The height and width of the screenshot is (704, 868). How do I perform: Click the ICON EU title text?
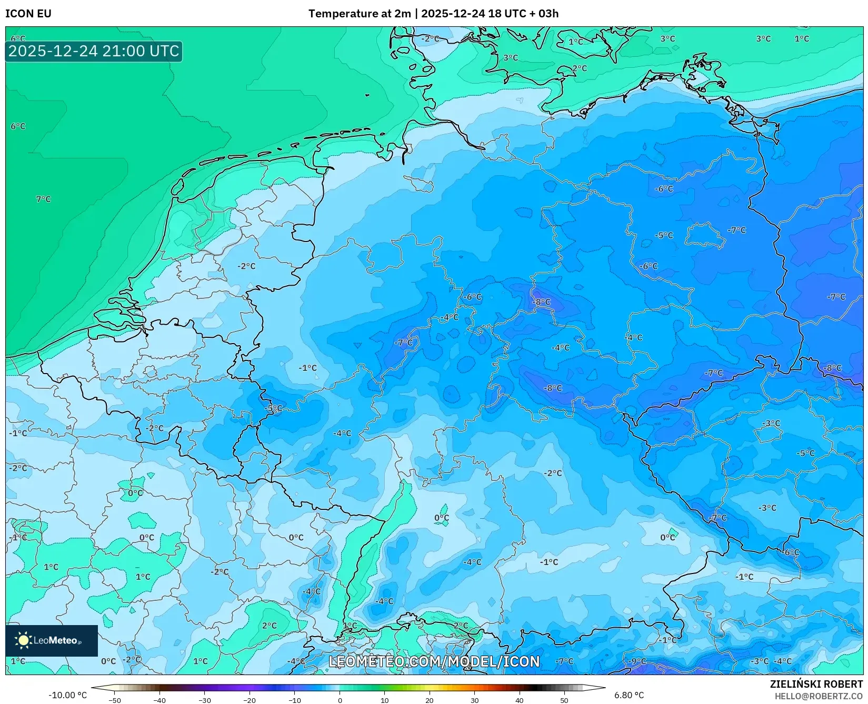click(28, 14)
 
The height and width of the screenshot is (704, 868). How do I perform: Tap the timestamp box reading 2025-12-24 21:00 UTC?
click(94, 52)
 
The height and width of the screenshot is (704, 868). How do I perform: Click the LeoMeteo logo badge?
click(52, 640)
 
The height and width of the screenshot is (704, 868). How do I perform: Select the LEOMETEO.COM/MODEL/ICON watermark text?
click(434, 661)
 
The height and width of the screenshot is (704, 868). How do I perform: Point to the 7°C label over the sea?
click(43, 199)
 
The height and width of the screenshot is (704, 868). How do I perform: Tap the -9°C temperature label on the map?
click(637, 661)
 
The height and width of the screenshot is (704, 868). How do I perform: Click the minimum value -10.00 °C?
click(67, 695)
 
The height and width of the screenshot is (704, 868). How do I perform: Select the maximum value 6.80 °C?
click(628, 695)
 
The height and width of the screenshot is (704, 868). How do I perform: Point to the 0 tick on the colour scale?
click(340, 700)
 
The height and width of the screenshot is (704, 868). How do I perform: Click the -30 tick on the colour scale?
click(205, 700)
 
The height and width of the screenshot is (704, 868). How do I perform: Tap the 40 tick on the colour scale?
click(519, 700)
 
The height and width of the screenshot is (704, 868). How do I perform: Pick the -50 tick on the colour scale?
click(115, 700)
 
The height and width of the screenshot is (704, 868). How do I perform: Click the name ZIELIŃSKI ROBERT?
click(816, 684)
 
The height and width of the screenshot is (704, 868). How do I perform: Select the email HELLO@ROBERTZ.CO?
click(819, 696)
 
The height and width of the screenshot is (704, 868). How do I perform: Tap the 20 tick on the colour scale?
click(430, 700)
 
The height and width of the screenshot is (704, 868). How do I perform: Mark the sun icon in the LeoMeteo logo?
click(23, 640)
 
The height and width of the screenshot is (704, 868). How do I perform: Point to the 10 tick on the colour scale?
click(385, 700)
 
